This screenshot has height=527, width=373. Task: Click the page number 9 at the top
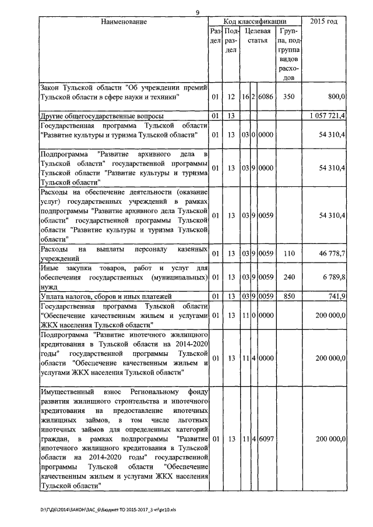coord(198,12)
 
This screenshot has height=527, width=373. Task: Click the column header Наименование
coord(123,22)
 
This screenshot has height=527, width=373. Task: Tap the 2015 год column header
coord(324,22)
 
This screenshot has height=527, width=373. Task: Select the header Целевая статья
coord(257,36)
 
